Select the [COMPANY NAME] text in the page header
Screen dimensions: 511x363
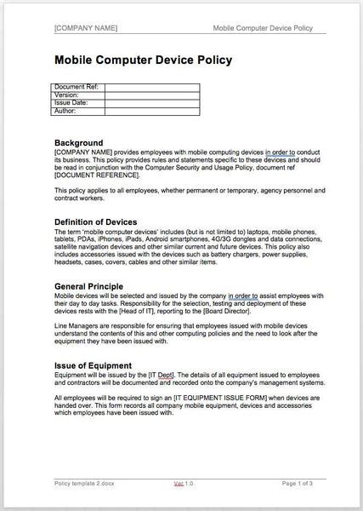click(86, 27)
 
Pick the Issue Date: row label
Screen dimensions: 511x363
click(71, 102)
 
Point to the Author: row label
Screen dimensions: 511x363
click(65, 111)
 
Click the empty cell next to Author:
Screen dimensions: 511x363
click(151, 111)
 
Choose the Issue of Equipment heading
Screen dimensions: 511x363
click(95, 365)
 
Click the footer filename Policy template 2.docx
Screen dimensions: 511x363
click(87, 482)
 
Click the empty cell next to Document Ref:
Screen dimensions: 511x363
click(151, 87)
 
